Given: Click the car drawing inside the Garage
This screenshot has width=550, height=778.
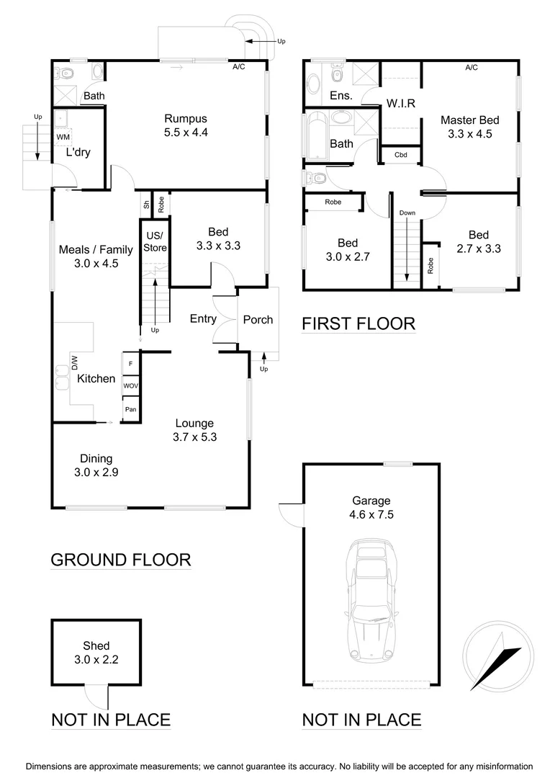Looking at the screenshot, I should [371, 602].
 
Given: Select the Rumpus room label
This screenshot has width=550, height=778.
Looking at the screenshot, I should [186, 119].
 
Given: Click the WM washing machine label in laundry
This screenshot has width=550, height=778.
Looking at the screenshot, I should [63, 136].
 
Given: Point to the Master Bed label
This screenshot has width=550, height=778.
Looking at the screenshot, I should [469, 120].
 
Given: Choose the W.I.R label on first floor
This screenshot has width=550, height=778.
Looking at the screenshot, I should [400, 103].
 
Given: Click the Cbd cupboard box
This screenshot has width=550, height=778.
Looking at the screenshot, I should [400, 155].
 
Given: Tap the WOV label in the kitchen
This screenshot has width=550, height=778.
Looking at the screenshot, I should [130, 386].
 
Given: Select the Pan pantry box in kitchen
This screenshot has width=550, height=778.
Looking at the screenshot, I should [130, 409].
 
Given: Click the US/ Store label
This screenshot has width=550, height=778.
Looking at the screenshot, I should [155, 242].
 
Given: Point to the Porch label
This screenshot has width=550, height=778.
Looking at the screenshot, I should [258, 319].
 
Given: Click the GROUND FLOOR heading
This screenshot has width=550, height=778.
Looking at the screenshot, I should [121, 560].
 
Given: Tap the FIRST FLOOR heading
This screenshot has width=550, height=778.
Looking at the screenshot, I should [359, 323].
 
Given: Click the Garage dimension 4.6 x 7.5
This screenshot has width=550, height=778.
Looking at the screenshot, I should [371, 514].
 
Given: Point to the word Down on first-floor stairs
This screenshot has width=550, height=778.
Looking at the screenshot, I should [407, 213].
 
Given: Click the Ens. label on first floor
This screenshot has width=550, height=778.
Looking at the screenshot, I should [341, 95].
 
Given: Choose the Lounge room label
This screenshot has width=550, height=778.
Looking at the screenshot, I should [194, 424].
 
